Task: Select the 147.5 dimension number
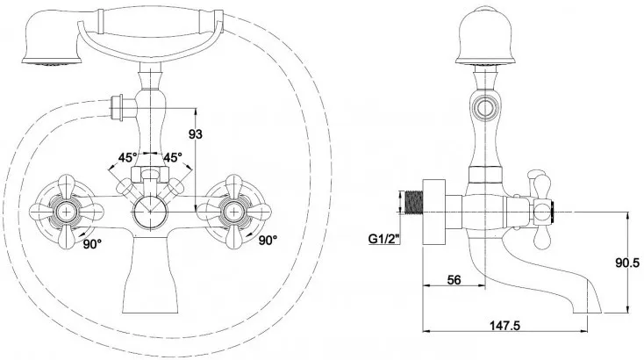(505, 326)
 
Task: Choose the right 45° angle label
(172, 158)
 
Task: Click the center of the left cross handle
(66, 210)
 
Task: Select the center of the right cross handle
(233, 210)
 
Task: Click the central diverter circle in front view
(149, 212)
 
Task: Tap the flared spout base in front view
(149, 281)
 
